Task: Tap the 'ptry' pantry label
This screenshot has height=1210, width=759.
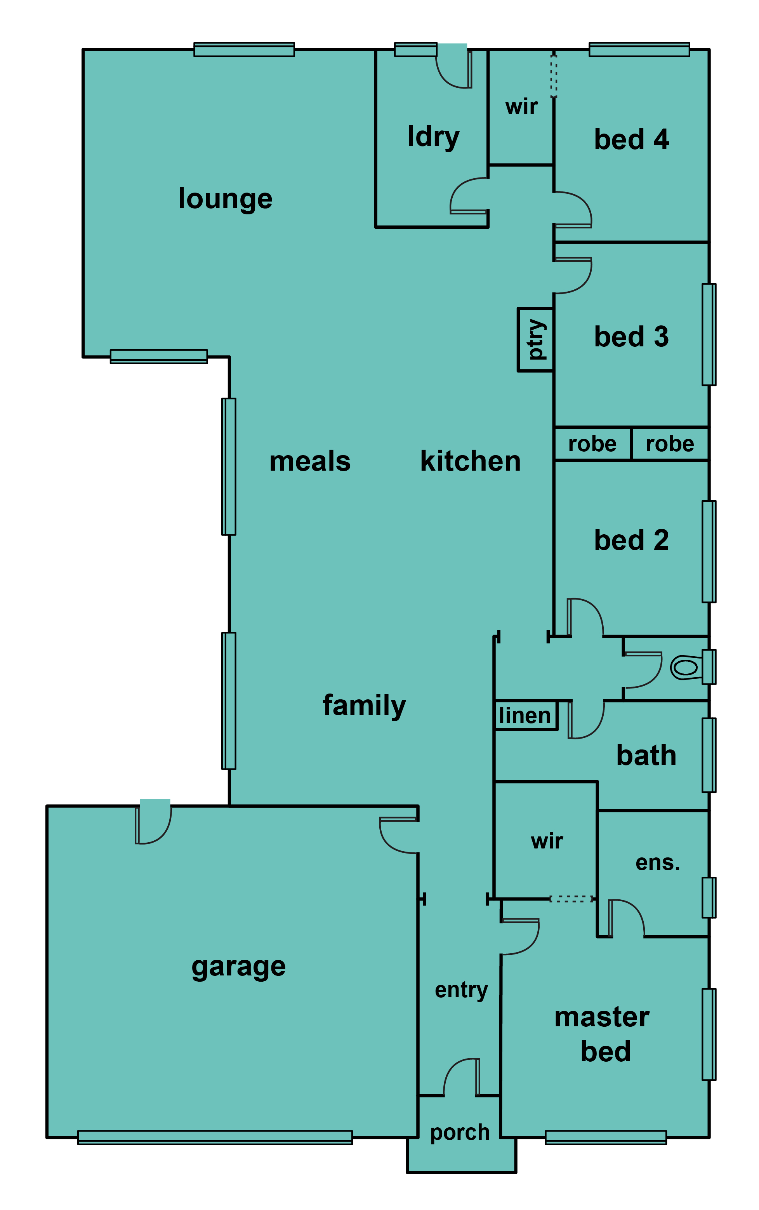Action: click(x=536, y=340)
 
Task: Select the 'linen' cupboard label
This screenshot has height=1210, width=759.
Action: click(x=525, y=715)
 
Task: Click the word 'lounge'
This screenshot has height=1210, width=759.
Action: click(x=226, y=199)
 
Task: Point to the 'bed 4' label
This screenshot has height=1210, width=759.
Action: click(x=632, y=139)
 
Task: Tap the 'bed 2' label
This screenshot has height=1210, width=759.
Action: click(x=632, y=540)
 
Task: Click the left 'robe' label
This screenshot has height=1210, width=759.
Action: click(x=592, y=444)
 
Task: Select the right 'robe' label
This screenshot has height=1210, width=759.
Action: click(x=670, y=444)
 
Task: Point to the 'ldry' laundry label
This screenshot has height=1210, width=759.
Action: click(x=433, y=137)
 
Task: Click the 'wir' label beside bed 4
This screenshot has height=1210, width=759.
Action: click(x=521, y=106)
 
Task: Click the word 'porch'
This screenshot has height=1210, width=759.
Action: click(x=460, y=1133)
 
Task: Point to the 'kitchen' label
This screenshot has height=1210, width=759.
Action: click(x=471, y=461)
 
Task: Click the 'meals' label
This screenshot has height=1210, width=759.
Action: click(x=310, y=461)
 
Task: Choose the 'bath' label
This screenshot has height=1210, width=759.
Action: click(x=646, y=755)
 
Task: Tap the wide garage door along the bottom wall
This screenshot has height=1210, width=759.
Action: click(x=215, y=1138)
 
